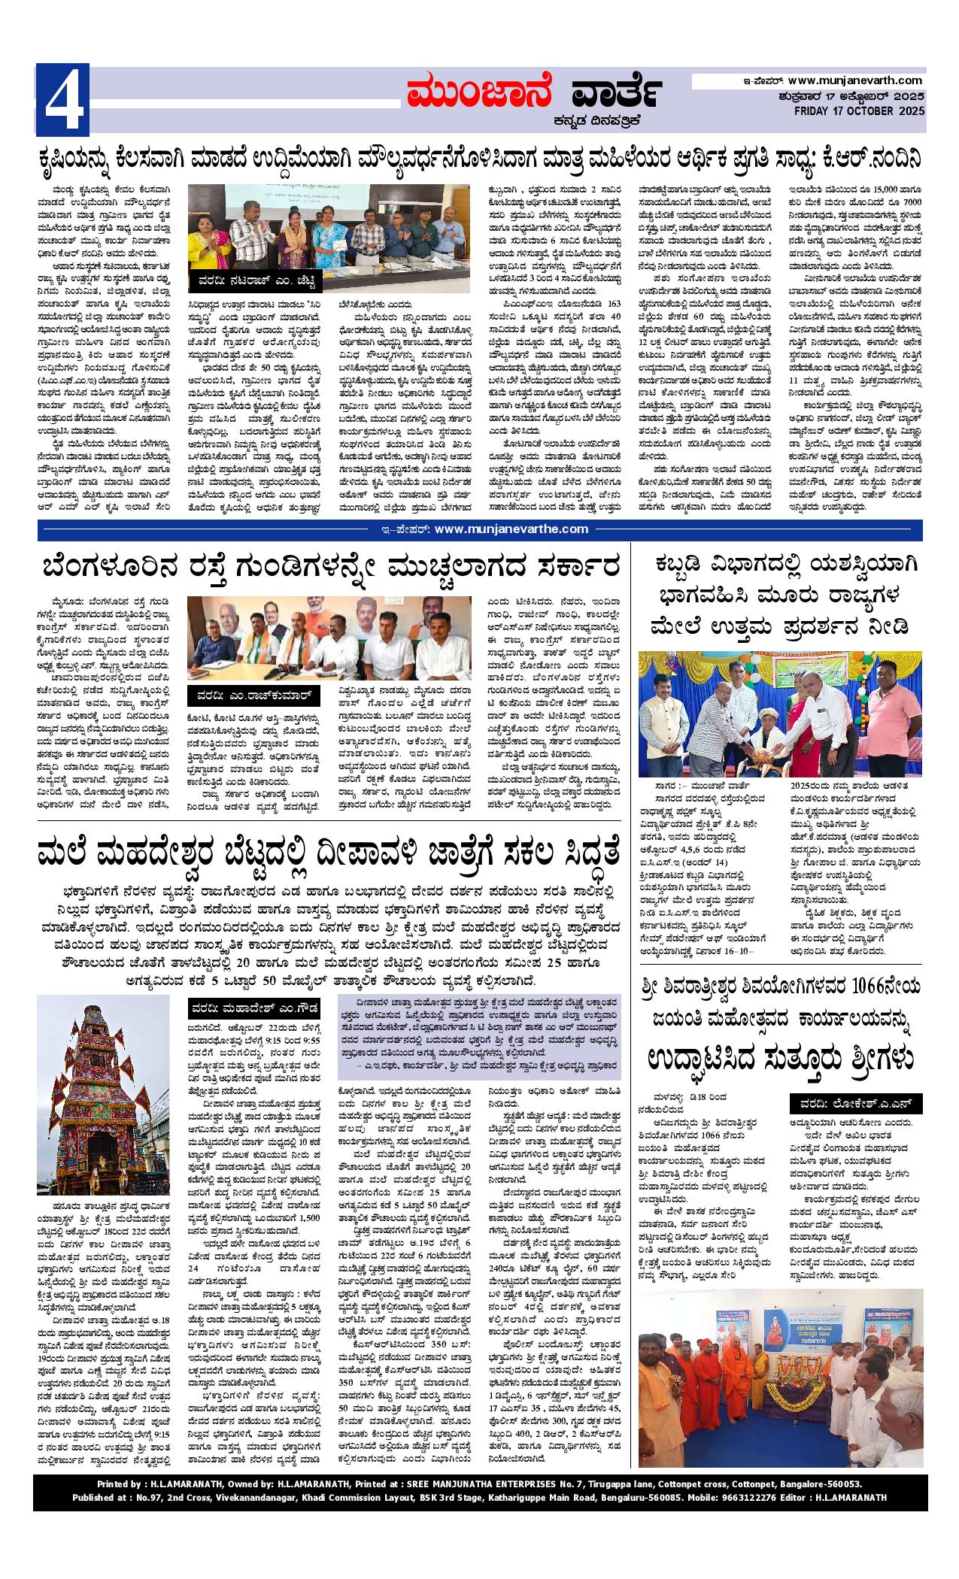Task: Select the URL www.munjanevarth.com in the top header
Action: point(855,80)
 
